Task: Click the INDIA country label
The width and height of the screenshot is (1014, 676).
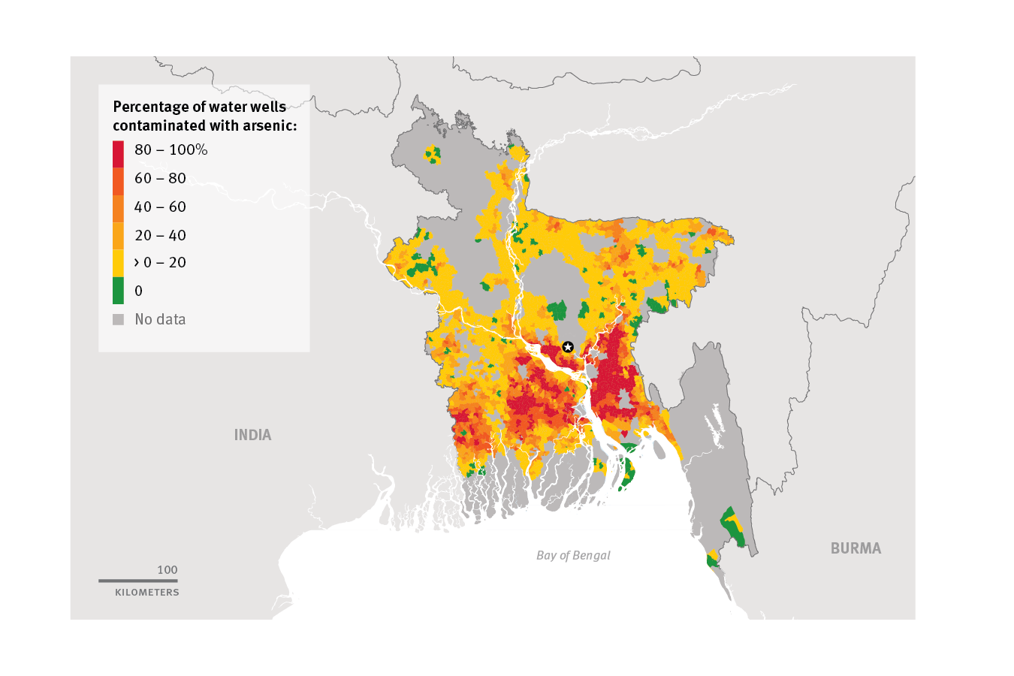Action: click(x=252, y=435)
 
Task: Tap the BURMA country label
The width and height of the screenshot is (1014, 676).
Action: click(x=856, y=548)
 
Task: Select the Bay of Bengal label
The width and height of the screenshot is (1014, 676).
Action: click(x=573, y=555)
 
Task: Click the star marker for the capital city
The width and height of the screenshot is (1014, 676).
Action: click(x=568, y=346)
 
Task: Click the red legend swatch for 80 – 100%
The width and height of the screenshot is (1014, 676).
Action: click(x=118, y=154)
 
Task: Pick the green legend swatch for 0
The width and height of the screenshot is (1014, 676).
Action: click(x=118, y=291)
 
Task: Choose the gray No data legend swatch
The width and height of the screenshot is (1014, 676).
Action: click(x=118, y=319)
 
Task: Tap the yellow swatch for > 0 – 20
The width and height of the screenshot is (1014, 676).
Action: click(x=118, y=263)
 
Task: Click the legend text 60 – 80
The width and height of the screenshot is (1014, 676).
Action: click(x=160, y=178)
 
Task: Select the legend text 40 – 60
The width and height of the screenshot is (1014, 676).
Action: click(x=160, y=207)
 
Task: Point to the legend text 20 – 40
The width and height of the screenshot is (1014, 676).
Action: click(x=160, y=235)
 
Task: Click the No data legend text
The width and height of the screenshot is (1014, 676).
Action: click(x=160, y=319)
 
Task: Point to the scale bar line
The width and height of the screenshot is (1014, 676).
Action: click(x=138, y=580)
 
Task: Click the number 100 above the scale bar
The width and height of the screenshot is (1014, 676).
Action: click(x=167, y=570)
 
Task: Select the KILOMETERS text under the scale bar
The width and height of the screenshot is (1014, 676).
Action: click(x=147, y=593)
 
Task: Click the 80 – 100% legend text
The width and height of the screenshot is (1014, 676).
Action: click(x=171, y=149)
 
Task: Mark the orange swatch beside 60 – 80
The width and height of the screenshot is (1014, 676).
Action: click(x=118, y=182)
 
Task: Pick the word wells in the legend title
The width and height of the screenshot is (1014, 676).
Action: click(x=267, y=107)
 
